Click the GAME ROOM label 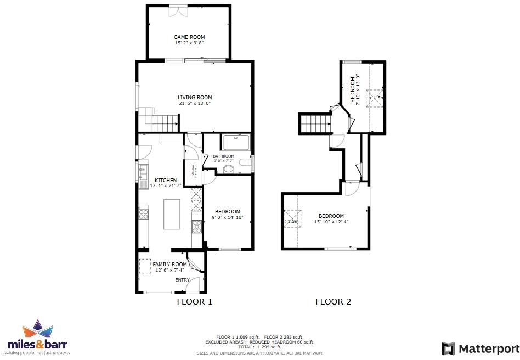click(x=189, y=37)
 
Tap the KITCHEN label click(x=166, y=181)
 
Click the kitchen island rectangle click(x=172, y=214)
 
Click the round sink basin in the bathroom click(x=229, y=169)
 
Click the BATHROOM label click(x=223, y=156)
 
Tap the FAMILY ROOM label click(x=170, y=265)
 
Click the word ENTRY click(x=182, y=280)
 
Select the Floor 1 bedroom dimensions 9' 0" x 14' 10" click(x=227, y=218)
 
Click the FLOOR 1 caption click(x=194, y=301)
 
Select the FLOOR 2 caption click(x=333, y=301)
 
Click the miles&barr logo click(x=38, y=337)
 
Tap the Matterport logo click(x=481, y=348)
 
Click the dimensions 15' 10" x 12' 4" click(x=331, y=222)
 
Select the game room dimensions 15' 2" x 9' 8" click(x=189, y=43)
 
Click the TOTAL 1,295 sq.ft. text click(x=259, y=347)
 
